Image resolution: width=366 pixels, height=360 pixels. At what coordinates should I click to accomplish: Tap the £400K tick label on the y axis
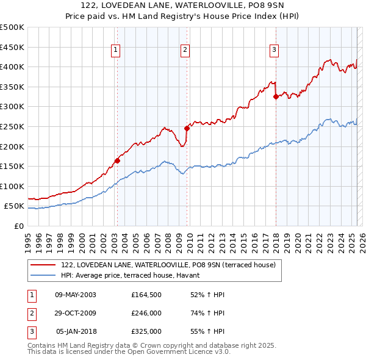12,67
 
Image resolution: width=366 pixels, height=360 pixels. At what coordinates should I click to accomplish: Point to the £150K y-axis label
12,166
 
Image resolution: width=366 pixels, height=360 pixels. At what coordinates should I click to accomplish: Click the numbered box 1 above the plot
115,51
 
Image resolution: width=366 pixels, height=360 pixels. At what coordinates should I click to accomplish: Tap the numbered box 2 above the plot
185,51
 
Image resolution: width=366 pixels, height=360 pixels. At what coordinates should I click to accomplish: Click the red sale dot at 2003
117,161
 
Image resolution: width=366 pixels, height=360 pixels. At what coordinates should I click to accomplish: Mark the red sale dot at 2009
187,128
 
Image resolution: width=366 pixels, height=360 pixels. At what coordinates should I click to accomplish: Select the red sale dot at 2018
276,96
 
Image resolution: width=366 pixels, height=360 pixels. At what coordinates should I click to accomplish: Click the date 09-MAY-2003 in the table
75,295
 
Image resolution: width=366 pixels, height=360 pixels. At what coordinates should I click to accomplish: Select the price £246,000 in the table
146,313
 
